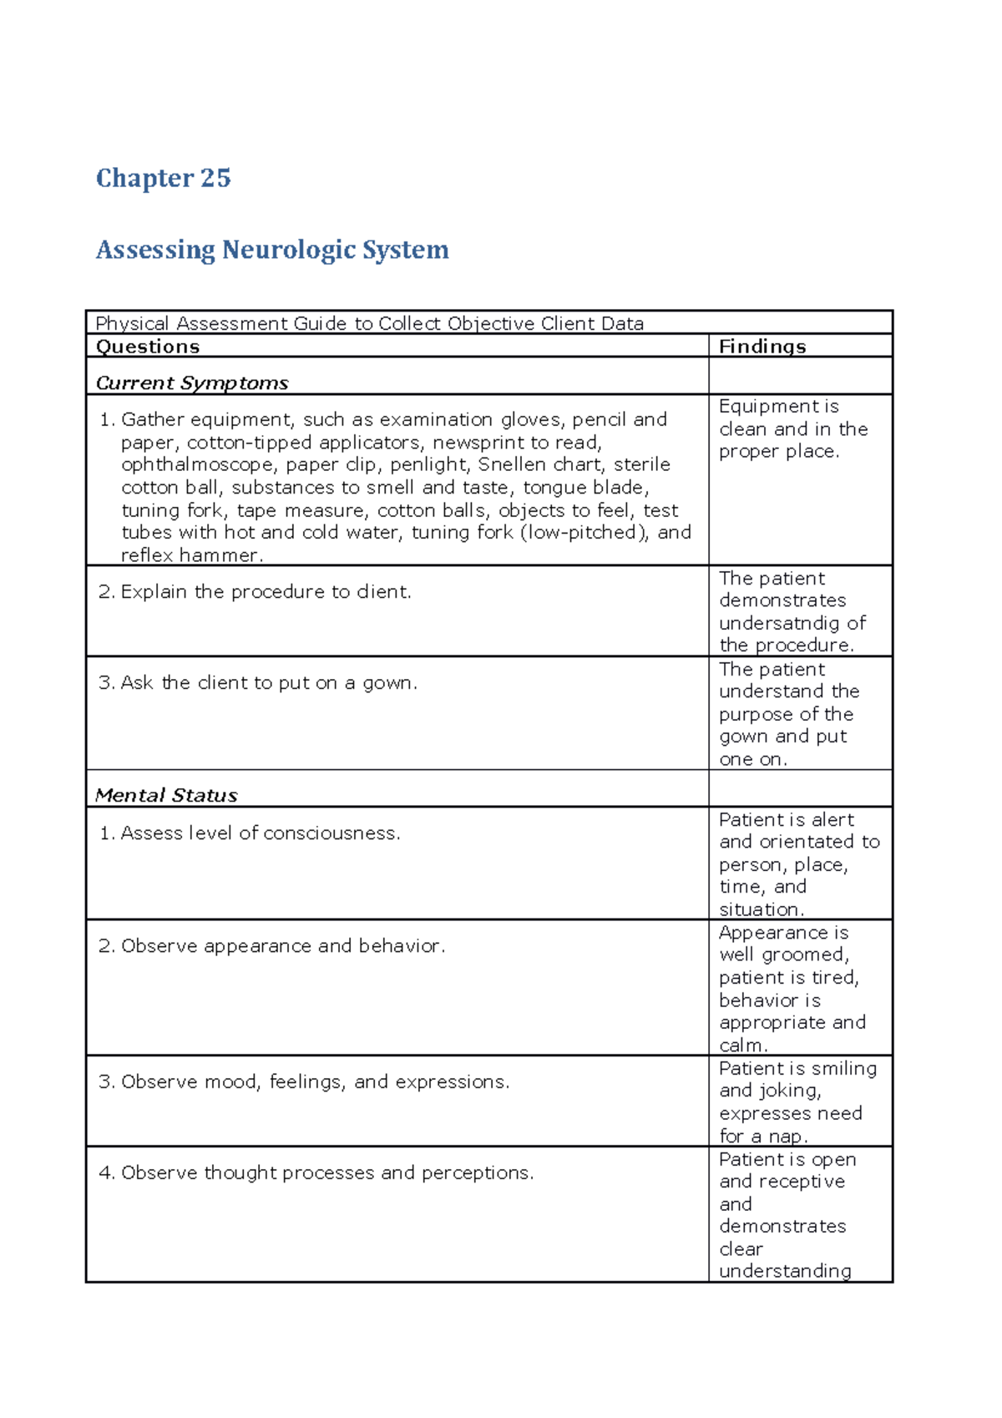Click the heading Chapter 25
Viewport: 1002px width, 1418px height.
[x=163, y=178]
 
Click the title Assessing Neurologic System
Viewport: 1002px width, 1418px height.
[x=272, y=250]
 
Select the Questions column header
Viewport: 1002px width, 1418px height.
[x=148, y=347]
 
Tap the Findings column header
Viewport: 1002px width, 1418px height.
[x=762, y=347]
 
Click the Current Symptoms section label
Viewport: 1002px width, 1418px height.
[x=192, y=383]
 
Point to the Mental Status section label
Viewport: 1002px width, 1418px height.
[x=166, y=796]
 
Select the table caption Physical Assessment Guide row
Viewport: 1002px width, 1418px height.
[x=369, y=324]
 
